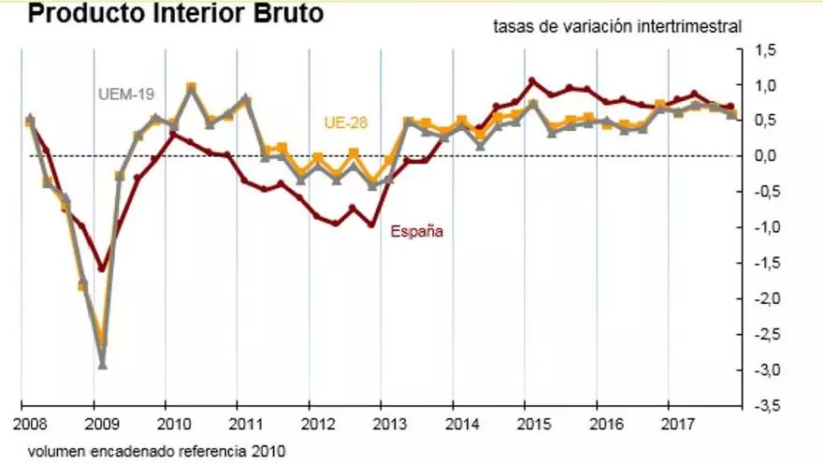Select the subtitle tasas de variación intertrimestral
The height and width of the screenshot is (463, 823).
tap(617, 26)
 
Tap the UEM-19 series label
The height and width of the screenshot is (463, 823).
tap(126, 94)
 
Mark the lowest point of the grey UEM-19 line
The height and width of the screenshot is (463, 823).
tap(102, 365)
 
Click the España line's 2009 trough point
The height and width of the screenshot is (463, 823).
tap(102, 268)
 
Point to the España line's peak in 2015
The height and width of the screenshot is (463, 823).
tap(531, 81)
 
